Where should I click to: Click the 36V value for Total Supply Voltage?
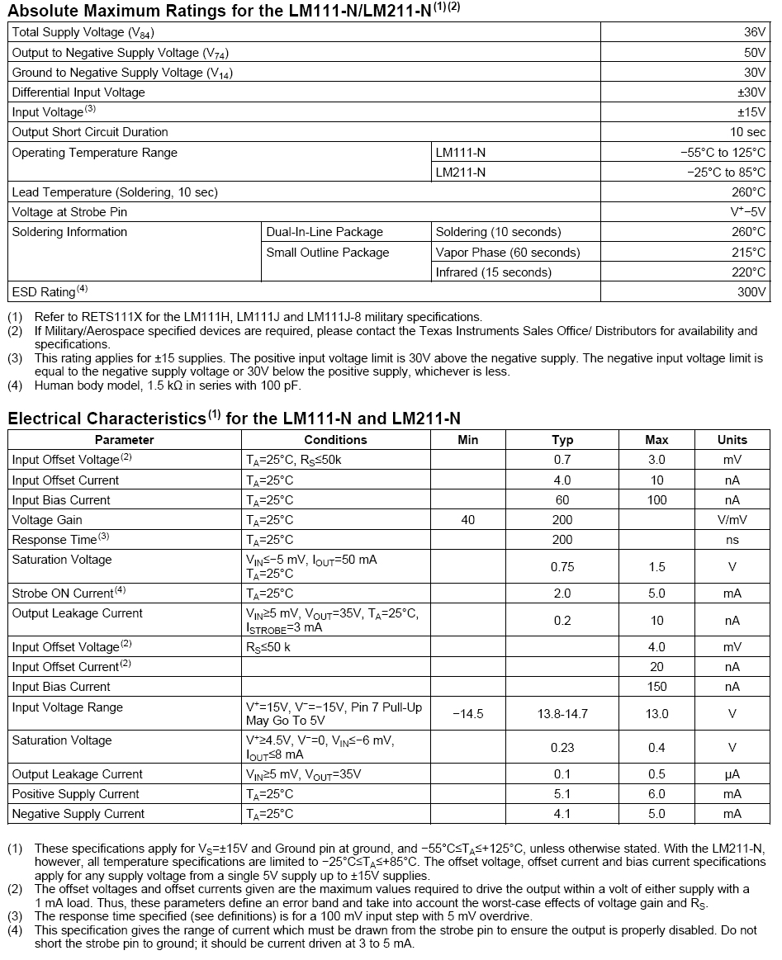755,32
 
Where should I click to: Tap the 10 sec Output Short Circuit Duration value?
747,132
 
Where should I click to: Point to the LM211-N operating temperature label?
461,173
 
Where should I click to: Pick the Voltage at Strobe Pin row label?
69,212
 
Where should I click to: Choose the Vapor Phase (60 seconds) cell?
508,253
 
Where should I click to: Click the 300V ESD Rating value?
751,292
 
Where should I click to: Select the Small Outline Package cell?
327,253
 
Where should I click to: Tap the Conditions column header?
335,440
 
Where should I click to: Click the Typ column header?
562,440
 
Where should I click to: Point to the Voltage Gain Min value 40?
467,520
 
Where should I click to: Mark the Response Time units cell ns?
732,540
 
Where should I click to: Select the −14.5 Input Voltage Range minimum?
467,714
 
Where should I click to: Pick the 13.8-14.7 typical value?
562,714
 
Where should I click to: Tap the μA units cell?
732,774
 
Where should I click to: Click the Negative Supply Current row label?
78,814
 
